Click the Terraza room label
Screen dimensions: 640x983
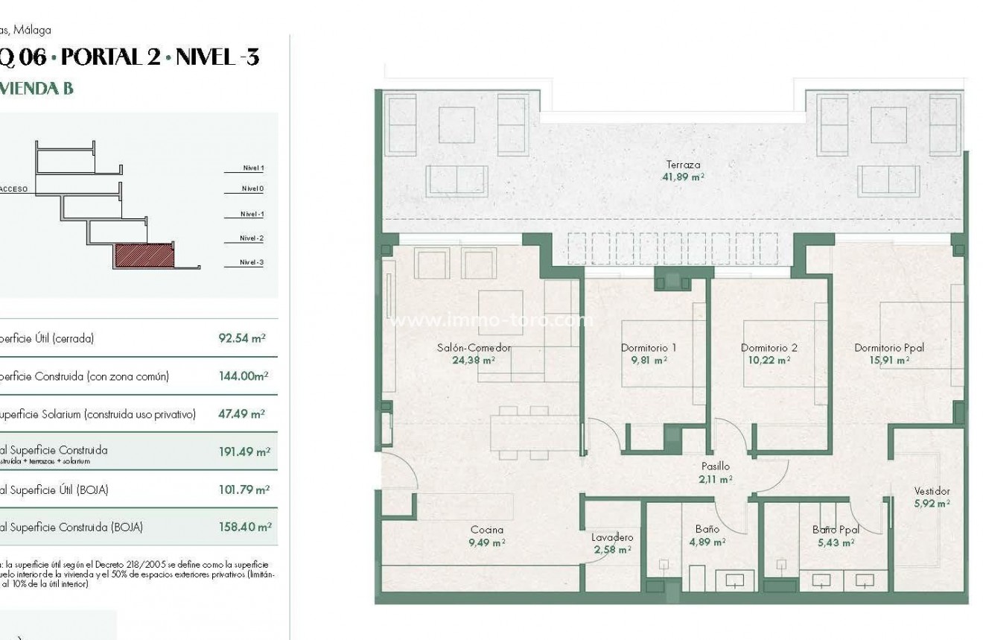pos(683,165)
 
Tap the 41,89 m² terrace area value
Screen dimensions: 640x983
pos(683,177)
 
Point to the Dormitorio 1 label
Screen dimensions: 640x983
pos(648,348)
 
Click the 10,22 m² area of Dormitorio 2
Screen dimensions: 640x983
pos(767,360)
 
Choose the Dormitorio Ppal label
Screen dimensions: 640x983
pos(889,348)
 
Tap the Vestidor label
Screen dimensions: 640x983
pos(932,492)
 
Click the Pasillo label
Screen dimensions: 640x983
pos(715,466)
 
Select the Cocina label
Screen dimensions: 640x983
pos(486,530)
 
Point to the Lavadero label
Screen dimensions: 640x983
pos(612,537)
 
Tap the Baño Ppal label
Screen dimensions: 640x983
pos(836,530)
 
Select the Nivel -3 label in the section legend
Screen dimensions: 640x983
pos(252,262)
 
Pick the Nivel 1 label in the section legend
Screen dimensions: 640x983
pos(253,168)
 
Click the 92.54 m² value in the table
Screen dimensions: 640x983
pos(241,338)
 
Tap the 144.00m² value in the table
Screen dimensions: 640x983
pos(243,376)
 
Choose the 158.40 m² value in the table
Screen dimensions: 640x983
pos(244,527)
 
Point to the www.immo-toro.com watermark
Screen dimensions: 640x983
pos(492,321)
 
